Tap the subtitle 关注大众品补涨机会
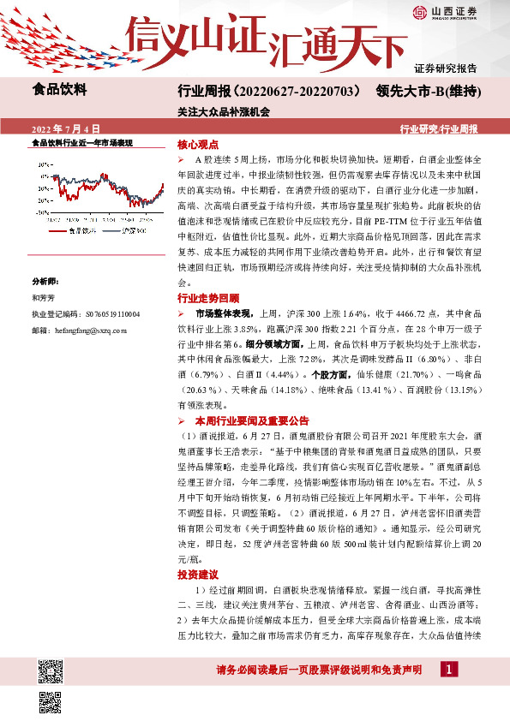pyautogui.click(x=224, y=111)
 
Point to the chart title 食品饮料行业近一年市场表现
pyautogui.click(x=82, y=142)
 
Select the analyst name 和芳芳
pyautogui.click(x=43, y=296)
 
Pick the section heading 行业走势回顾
pyautogui.click(x=208, y=299)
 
